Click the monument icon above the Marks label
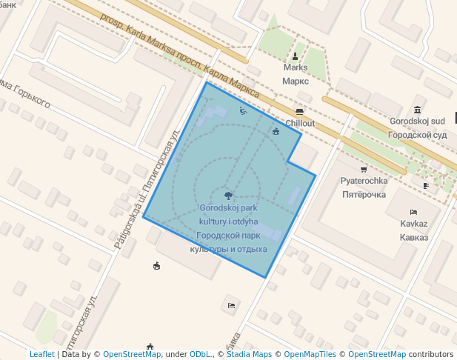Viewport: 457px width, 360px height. click(x=296, y=56)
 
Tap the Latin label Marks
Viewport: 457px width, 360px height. click(x=296, y=68)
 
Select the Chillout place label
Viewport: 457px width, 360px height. click(x=300, y=123)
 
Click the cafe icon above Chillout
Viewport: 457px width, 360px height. click(x=299, y=111)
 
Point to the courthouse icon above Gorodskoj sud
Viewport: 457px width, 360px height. click(x=418, y=110)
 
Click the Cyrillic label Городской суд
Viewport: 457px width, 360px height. click(x=417, y=135)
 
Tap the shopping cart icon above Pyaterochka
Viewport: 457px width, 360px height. click(x=364, y=170)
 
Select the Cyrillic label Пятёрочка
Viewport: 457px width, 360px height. click(x=364, y=195)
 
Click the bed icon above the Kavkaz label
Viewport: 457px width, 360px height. click(x=413, y=212)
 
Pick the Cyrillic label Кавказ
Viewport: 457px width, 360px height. click(x=413, y=237)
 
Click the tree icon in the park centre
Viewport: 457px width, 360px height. click(x=227, y=196)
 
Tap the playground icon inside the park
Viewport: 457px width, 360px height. click(x=243, y=110)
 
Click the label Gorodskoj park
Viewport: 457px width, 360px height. click(x=228, y=208)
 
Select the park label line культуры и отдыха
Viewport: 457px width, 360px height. click(x=228, y=249)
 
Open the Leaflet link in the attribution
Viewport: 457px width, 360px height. click(x=41, y=355)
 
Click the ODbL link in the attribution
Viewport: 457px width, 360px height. click(x=200, y=355)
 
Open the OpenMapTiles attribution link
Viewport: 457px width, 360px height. click(x=306, y=355)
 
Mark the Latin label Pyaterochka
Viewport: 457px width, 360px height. click(x=364, y=181)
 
